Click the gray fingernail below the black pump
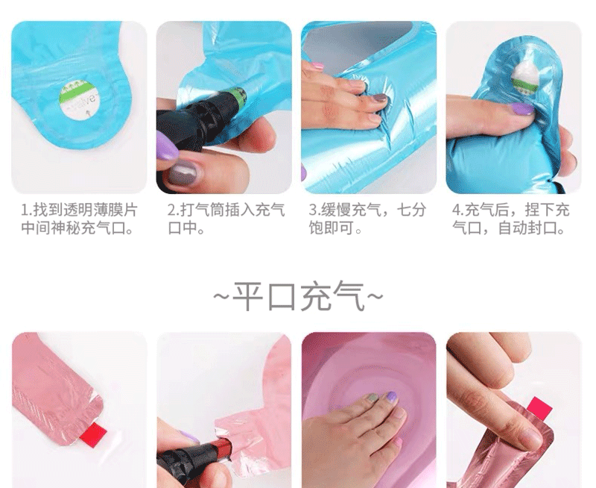click(x=183, y=175)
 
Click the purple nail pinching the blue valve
click(x=521, y=109)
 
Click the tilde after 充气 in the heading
click(x=375, y=296)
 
